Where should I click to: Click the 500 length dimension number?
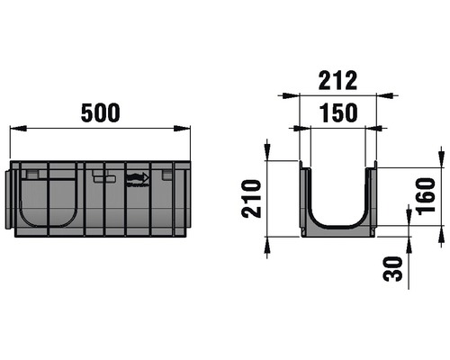coord(100,113)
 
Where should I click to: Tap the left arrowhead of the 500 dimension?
coord(15,130)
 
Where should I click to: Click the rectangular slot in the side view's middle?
coord(104,178)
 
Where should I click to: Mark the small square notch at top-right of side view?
coord(167,177)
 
